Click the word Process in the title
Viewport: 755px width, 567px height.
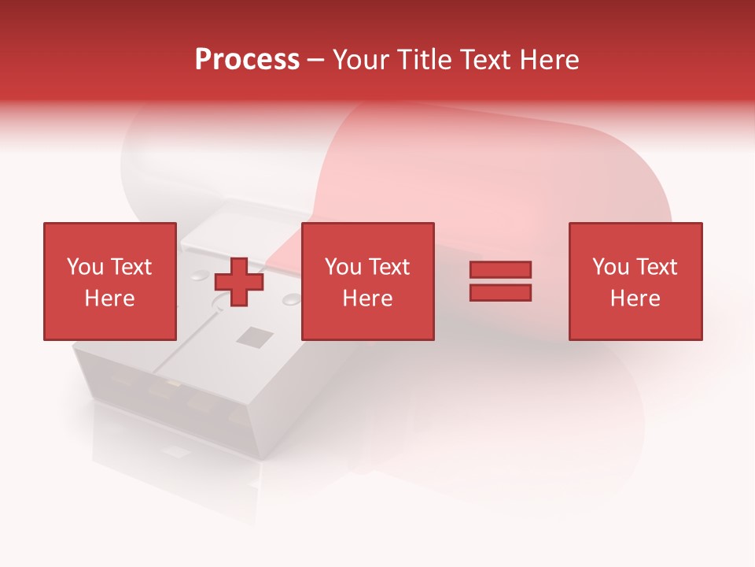coord(247,60)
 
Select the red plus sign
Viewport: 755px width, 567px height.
coord(239,281)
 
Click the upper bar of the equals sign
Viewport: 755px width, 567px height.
coord(500,269)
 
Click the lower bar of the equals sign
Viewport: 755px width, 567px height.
coord(500,292)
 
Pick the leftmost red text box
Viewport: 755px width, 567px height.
coord(109,281)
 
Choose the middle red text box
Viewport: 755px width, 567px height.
coord(367,281)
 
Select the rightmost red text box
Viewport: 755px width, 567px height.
coord(635,281)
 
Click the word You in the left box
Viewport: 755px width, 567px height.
coord(85,267)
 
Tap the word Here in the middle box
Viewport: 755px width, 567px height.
coord(367,298)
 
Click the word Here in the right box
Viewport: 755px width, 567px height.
coord(635,298)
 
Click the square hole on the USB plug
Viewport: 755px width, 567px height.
coord(255,338)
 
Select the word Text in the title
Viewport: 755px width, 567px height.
coord(484,60)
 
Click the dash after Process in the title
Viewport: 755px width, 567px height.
coord(316,60)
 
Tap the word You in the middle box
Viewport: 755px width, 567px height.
coord(343,267)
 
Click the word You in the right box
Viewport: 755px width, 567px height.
coord(610,267)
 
